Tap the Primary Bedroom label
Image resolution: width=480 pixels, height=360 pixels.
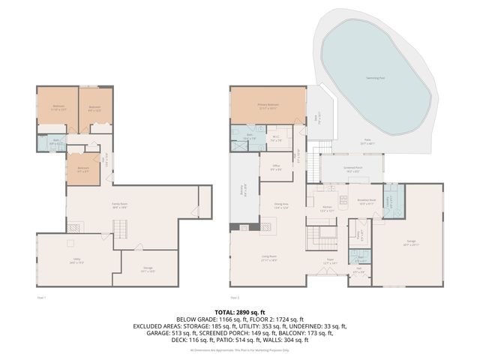[268, 106]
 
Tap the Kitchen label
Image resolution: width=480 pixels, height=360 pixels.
[327, 209]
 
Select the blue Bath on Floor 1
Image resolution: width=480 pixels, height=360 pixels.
[55, 140]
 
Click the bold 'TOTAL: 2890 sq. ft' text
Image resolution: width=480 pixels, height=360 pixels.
[239, 310]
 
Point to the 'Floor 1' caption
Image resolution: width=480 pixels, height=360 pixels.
[42, 298]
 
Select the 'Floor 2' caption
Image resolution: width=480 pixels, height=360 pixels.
[235, 298]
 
